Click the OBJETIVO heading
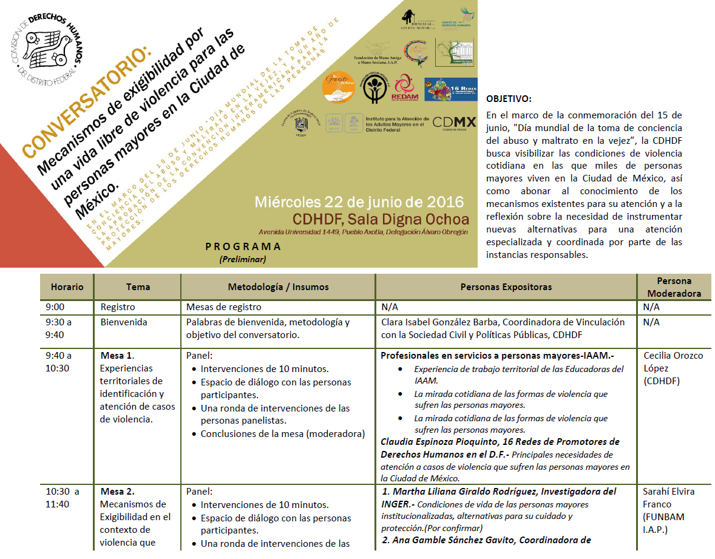point(509,99)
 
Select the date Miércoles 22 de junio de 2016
point(359,202)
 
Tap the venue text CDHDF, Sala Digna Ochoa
point(381,219)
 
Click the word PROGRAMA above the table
point(243,246)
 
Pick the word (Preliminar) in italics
point(243,259)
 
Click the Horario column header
point(67,286)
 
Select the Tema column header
point(138,286)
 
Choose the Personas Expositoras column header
point(506,286)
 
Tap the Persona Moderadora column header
point(674,287)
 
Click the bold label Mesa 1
point(117,355)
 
